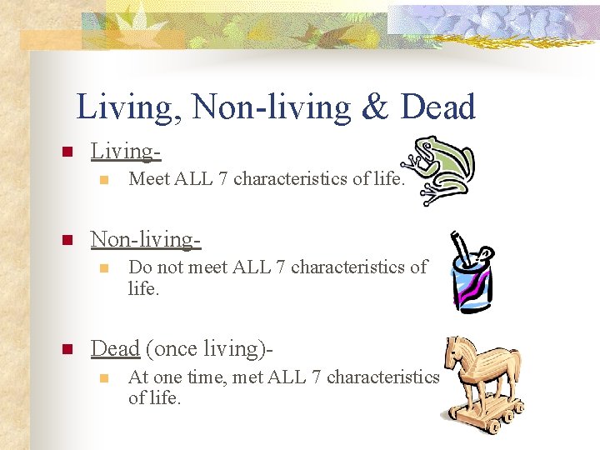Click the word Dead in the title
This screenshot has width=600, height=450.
click(437, 107)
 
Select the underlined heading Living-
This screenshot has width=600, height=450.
click(126, 151)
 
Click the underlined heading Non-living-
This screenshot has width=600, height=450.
click(146, 239)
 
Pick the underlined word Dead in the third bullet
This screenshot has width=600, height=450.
click(115, 347)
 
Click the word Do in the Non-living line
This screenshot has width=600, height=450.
click(140, 267)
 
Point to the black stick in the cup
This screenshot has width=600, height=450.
click(459, 251)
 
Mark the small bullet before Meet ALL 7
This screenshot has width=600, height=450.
click(103, 178)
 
